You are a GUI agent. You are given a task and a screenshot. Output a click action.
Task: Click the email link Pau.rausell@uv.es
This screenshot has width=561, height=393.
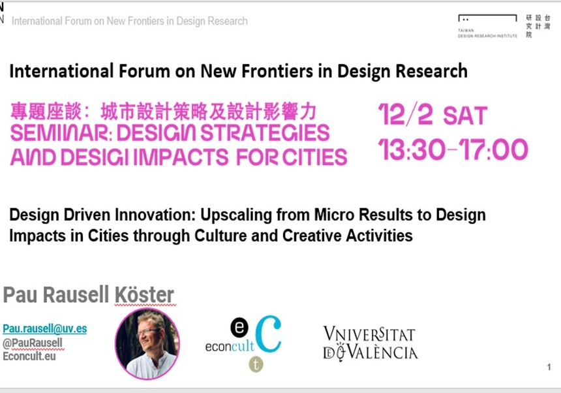pyautogui.click(x=45, y=328)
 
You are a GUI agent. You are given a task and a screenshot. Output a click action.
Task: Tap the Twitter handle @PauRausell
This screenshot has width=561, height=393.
pyautogui.click(x=33, y=343)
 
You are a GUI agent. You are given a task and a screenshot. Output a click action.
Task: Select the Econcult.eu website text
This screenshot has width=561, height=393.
pyautogui.click(x=29, y=356)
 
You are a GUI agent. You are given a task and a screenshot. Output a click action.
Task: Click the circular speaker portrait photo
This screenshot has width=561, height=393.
pyautogui.click(x=147, y=343)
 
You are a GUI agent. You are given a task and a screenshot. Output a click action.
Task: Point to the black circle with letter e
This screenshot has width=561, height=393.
pyautogui.click(x=239, y=328)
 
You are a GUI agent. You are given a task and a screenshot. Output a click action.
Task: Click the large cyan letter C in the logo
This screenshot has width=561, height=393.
pyautogui.click(x=268, y=334)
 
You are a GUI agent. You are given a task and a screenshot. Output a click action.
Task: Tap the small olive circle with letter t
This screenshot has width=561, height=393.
pyautogui.click(x=256, y=364)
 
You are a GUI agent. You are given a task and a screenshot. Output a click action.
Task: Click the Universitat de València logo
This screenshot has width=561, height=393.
pyautogui.click(x=370, y=343)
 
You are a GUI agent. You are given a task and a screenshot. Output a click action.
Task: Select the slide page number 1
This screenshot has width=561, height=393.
pyautogui.click(x=549, y=367)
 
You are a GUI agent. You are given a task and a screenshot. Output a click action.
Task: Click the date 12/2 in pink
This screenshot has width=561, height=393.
pyautogui.click(x=405, y=114)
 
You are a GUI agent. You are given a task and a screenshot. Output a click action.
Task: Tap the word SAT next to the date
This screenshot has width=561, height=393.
pyautogui.click(x=465, y=116)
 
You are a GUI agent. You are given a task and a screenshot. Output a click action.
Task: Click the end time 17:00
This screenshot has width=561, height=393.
pyautogui.click(x=493, y=149)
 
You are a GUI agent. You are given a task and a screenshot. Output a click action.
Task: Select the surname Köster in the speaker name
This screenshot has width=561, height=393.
pyautogui.click(x=144, y=295)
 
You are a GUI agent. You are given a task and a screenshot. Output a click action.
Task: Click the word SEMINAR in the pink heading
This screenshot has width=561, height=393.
pyautogui.click(x=59, y=133)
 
